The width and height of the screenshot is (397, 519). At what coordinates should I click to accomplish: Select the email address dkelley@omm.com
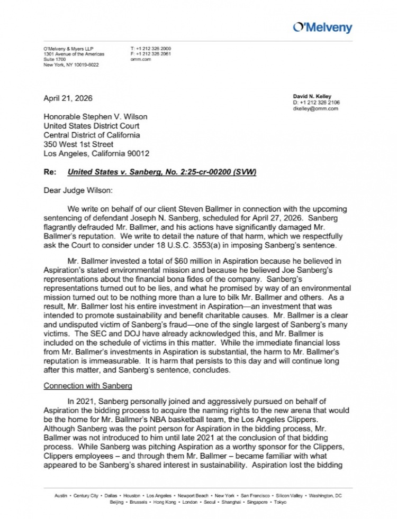[x=315, y=108]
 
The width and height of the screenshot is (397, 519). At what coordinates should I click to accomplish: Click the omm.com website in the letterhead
[x=137, y=60]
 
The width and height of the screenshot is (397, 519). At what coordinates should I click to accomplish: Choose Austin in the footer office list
[x=61, y=495]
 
